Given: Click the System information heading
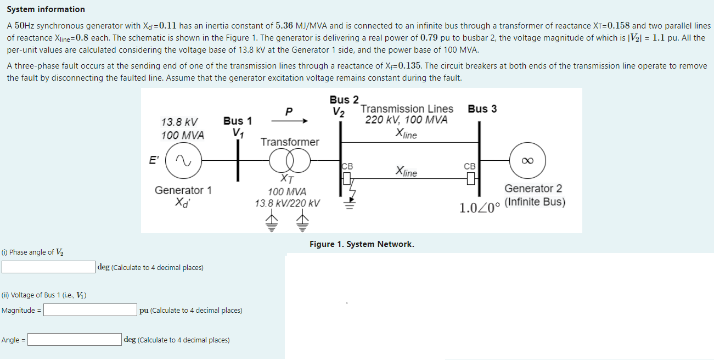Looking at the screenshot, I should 46,9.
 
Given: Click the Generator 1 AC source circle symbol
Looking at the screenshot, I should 183,160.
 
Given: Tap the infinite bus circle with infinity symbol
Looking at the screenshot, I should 527,160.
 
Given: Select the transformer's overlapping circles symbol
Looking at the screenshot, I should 289,161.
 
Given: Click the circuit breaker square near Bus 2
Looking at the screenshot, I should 347,178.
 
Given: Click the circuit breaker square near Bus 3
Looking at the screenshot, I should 470,178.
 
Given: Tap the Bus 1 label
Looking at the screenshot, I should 238,121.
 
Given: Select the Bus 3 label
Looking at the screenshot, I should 482,109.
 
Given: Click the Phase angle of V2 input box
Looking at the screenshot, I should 49,267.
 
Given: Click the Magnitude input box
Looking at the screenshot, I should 91,310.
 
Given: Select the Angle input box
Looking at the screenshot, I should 75,340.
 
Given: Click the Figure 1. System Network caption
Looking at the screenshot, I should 362,244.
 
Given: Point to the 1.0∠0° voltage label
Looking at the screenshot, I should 480,208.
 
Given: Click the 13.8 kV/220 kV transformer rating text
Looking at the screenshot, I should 287,203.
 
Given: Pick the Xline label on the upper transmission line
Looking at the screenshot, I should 406,134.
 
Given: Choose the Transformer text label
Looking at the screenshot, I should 289,142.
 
